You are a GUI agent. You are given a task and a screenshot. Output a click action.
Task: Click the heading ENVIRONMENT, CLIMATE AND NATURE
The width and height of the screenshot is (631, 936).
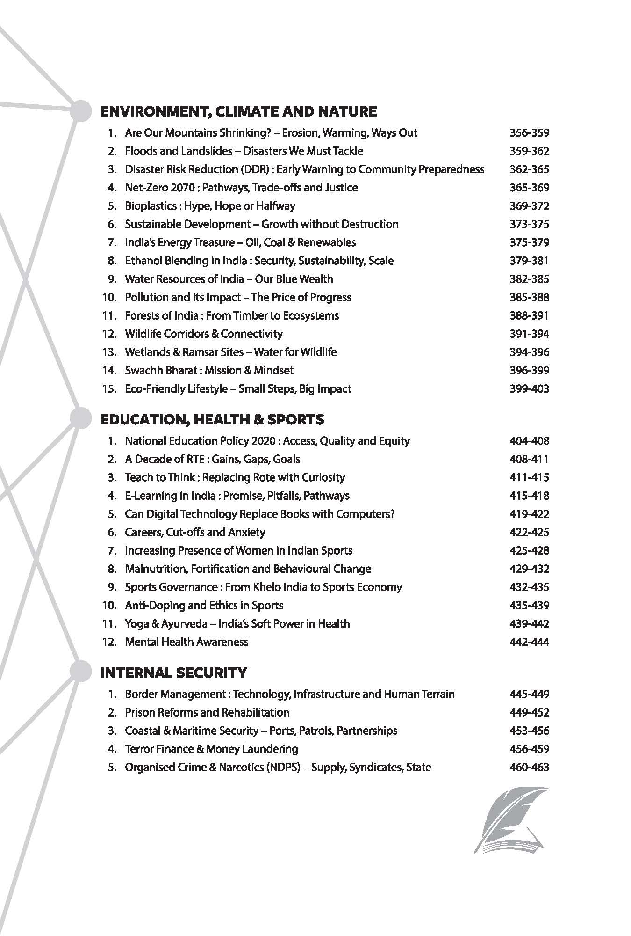click(x=238, y=111)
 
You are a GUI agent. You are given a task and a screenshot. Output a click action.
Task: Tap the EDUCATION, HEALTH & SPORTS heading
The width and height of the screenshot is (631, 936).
click(x=212, y=419)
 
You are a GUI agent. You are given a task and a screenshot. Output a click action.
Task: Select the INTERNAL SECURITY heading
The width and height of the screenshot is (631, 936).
click(x=173, y=673)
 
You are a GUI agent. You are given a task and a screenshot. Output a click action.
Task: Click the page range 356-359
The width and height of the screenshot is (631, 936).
click(x=529, y=133)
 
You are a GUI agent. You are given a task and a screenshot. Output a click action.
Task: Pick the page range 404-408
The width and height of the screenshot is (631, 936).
click(x=529, y=441)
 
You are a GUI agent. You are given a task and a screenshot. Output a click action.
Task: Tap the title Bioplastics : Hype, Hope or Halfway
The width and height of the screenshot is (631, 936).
click(x=210, y=206)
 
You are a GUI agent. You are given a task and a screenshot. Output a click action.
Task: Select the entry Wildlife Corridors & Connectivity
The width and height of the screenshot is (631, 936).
click(x=204, y=334)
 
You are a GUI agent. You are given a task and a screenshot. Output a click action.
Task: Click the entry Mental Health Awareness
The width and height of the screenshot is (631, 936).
click(x=186, y=642)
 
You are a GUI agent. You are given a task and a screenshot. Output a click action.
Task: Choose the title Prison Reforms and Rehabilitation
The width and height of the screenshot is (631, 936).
click(x=207, y=712)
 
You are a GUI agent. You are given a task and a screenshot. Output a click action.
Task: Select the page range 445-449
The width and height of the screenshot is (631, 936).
click(x=529, y=694)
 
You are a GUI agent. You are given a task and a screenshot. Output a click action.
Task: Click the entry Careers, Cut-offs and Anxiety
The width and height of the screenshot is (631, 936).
click(x=195, y=532)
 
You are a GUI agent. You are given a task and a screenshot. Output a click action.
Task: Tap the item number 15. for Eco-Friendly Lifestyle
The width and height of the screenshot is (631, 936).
click(x=109, y=389)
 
